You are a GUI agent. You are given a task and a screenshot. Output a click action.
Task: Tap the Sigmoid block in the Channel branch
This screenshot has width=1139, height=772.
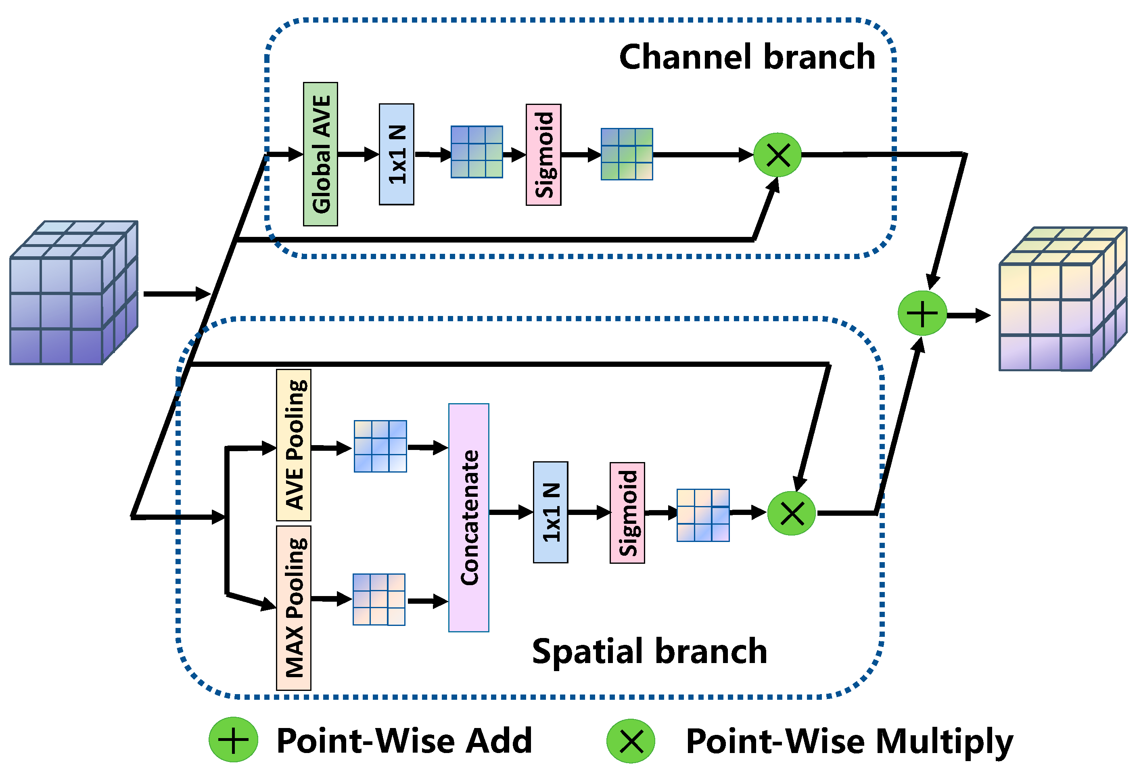click(x=543, y=155)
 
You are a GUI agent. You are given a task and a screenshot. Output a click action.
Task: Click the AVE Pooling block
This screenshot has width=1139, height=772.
click(x=294, y=445)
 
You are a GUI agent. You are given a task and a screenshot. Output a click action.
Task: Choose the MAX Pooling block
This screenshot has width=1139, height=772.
click(x=294, y=608)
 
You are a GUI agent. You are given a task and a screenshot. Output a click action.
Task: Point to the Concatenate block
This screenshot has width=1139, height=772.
click(x=468, y=518)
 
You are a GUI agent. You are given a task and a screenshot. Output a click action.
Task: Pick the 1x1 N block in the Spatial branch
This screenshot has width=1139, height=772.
click(x=550, y=512)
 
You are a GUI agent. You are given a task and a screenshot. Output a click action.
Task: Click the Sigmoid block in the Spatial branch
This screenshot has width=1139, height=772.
click(x=627, y=513)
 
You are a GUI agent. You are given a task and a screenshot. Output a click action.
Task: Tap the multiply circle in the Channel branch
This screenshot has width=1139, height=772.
click(x=777, y=155)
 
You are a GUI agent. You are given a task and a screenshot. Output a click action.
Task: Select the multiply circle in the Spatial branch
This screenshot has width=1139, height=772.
click(x=791, y=513)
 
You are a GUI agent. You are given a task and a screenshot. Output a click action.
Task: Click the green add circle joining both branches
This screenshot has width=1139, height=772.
click(x=922, y=313)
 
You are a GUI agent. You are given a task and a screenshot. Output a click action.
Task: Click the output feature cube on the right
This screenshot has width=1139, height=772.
click(x=1063, y=299)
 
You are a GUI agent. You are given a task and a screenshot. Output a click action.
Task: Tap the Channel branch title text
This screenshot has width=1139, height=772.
click(x=747, y=57)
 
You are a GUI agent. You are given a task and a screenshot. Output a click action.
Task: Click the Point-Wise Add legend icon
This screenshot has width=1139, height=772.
click(x=233, y=740)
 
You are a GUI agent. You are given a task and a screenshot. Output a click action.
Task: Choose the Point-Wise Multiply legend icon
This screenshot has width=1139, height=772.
click(x=631, y=741)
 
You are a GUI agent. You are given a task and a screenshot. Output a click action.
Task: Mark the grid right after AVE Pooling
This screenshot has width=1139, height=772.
click(x=380, y=446)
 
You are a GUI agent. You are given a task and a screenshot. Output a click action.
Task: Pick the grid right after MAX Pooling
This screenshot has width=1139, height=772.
click(x=379, y=599)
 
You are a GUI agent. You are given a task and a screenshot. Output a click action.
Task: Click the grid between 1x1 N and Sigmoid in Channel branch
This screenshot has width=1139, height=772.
click(x=476, y=152)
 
